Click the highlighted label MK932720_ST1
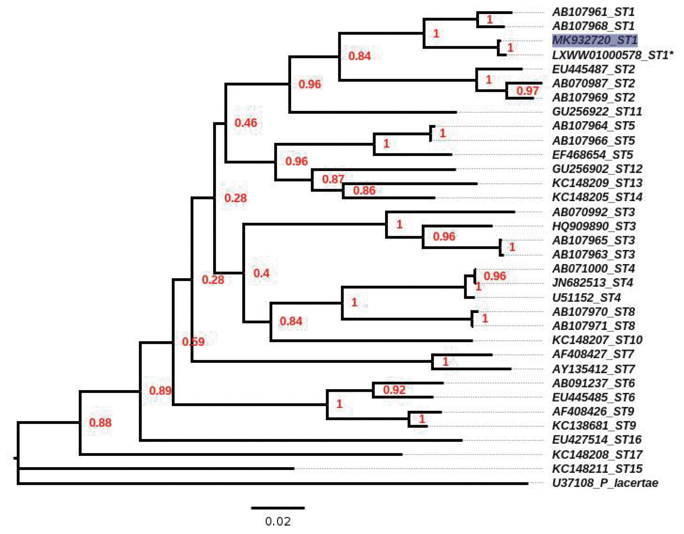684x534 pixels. coord(594,40)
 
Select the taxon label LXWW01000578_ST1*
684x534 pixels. coord(612,55)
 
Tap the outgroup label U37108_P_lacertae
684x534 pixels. coord(605,483)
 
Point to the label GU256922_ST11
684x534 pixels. coord(597,112)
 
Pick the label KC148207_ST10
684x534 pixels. coord(597,340)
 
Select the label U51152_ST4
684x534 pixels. coord(586,297)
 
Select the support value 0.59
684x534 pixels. coord(193,341)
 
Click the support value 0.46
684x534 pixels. coord(246,122)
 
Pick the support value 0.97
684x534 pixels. coord(527,91)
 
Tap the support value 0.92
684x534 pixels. coord(394,390)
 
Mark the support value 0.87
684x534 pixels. coord(333,179)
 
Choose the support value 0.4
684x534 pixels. coord(261,273)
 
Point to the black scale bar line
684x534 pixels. coord(278,508)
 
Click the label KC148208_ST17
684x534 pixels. coord(597,454)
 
